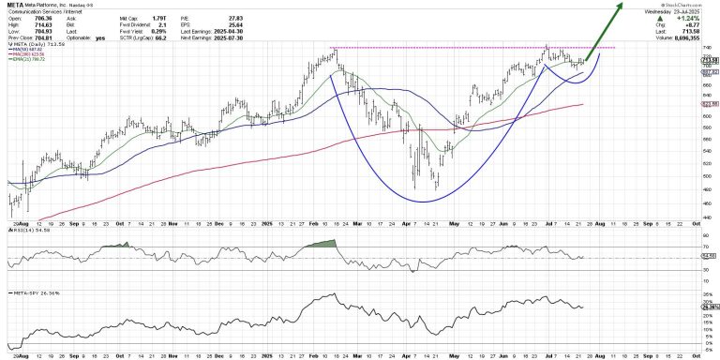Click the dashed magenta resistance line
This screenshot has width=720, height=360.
[x=469, y=47]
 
